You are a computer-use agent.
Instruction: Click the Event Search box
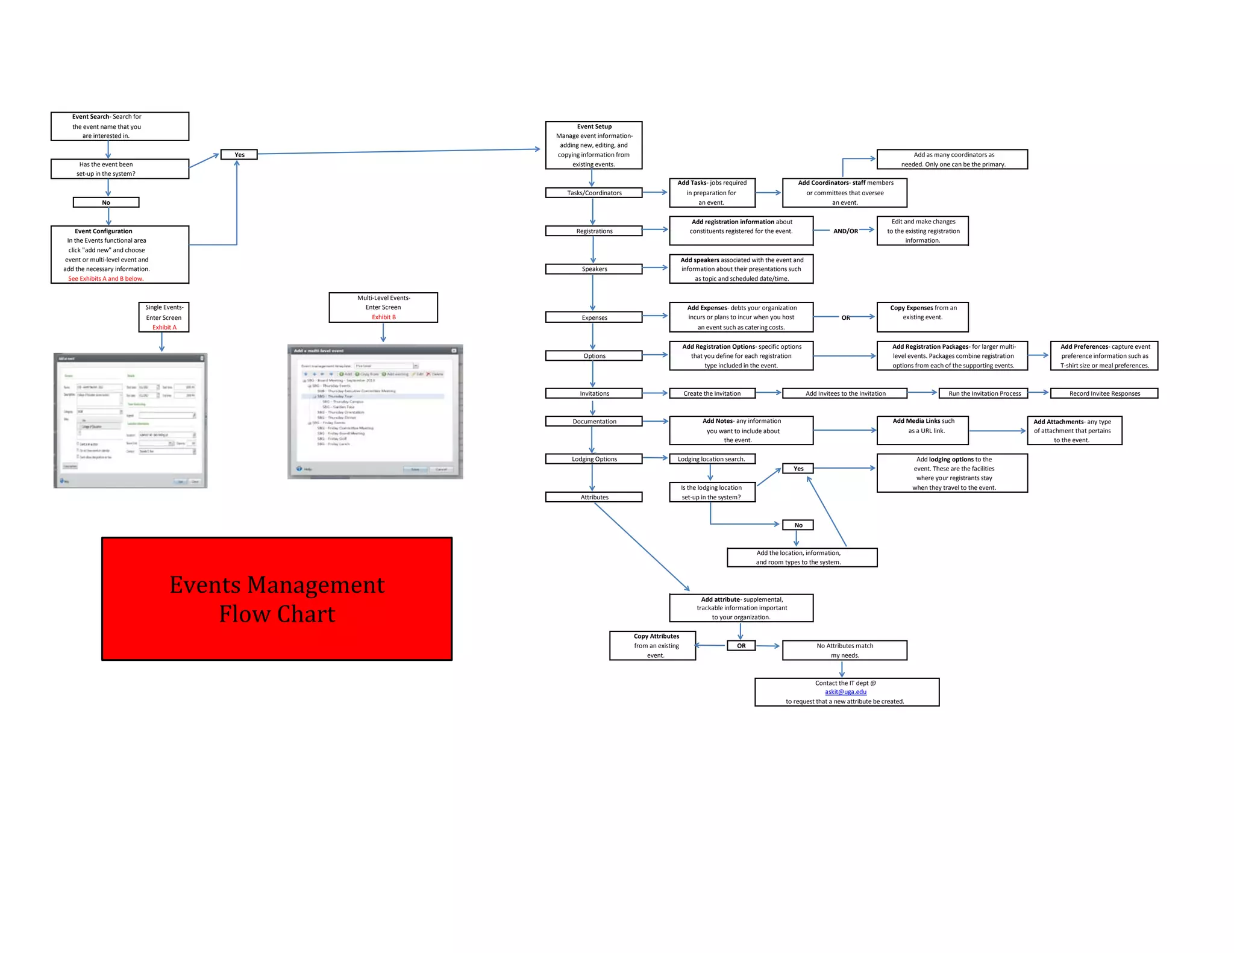pyautogui.click(x=119, y=127)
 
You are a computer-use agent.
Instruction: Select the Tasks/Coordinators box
pyautogui.click(x=594, y=193)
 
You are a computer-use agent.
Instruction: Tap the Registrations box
pyautogui.click(x=594, y=231)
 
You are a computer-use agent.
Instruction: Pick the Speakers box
pyautogui.click(x=594, y=269)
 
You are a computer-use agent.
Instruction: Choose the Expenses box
pyautogui.click(x=594, y=317)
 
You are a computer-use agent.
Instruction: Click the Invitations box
pyautogui.click(x=594, y=393)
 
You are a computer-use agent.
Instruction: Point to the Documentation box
pyautogui.click(x=594, y=422)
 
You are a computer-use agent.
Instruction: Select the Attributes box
pyautogui.click(x=594, y=497)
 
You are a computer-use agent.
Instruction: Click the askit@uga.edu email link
pyautogui.click(x=845, y=692)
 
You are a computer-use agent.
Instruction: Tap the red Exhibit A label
pyautogui.click(x=164, y=327)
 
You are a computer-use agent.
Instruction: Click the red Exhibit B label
pyautogui.click(x=383, y=317)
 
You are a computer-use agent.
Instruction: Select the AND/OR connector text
pyautogui.click(x=845, y=231)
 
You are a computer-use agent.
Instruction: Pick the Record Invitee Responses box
pyautogui.click(x=1104, y=393)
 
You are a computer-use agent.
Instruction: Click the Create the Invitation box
pyautogui.click(x=712, y=393)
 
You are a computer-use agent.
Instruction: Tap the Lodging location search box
pyautogui.click(x=711, y=459)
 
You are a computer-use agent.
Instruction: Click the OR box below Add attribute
pyautogui.click(x=741, y=646)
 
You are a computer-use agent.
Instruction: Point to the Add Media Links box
pyautogui.click(x=922, y=431)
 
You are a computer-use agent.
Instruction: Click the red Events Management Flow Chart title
pyautogui.click(x=277, y=599)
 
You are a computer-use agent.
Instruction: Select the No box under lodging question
pyautogui.click(x=798, y=525)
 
